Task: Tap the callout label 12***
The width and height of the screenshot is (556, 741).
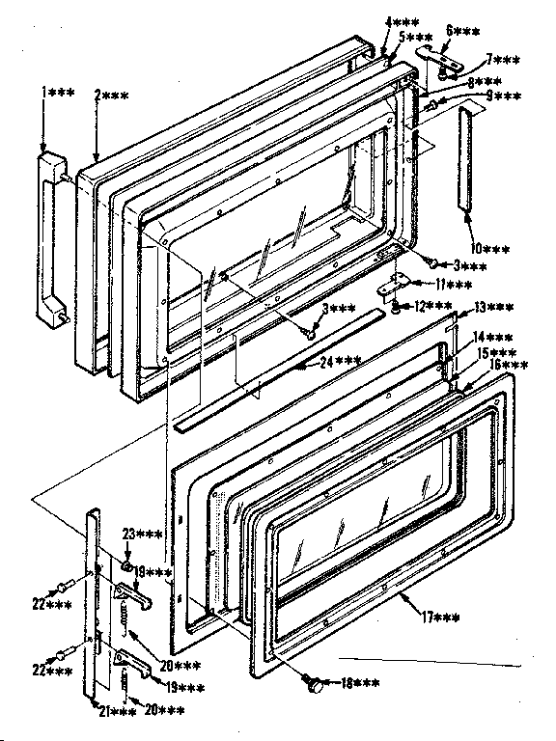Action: point(435,307)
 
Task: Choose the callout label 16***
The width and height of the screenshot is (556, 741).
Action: point(507,366)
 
